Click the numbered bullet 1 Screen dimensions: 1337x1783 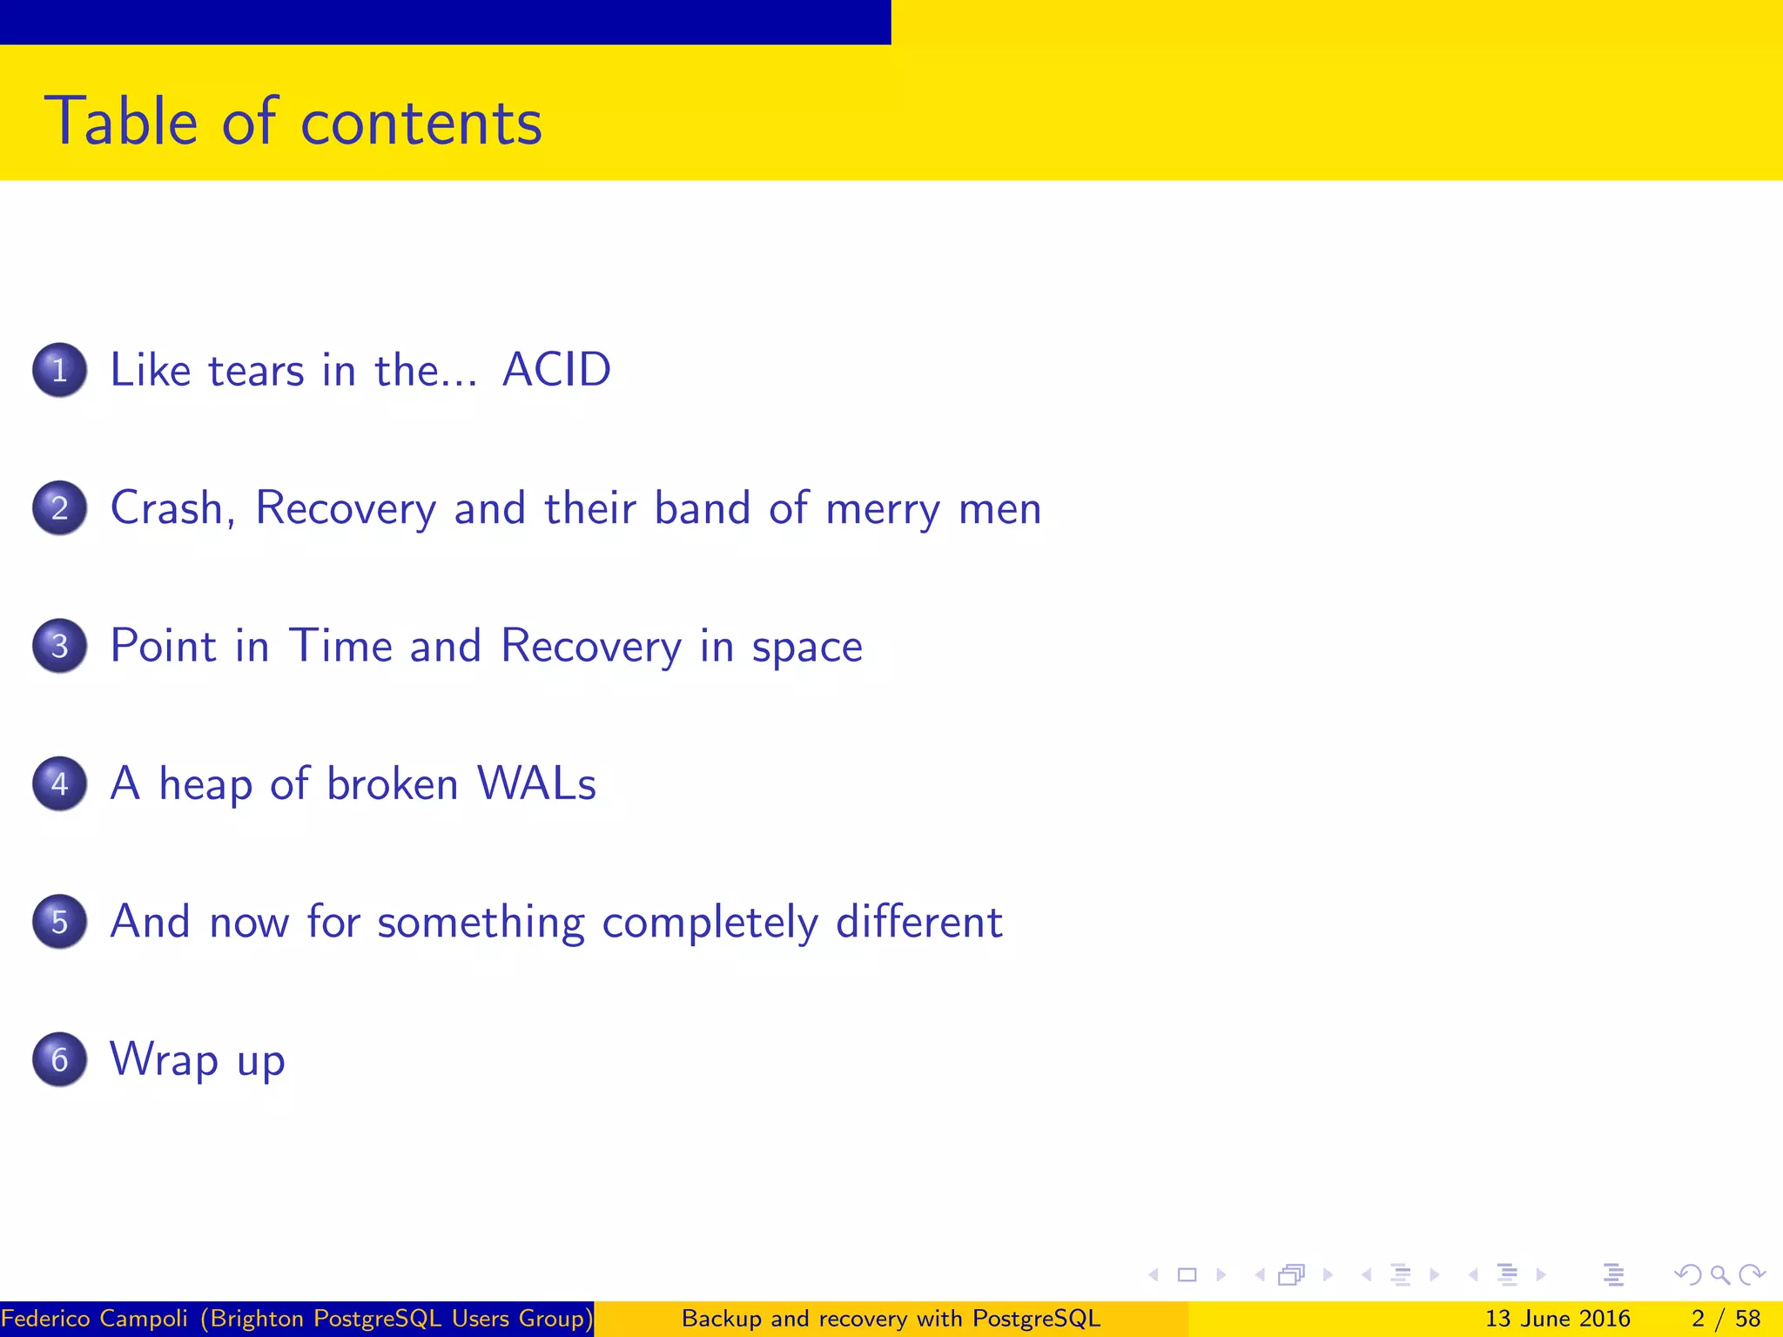click(x=59, y=370)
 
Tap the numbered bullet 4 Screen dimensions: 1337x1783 click(x=59, y=783)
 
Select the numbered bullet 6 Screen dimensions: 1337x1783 click(x=59, y=1059)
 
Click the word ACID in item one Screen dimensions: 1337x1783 click(x=557, y=370)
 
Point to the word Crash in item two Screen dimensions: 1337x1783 click(x=172, y=507)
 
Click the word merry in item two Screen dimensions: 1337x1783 click(x=883, y=509)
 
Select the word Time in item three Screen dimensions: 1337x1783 click(x=340, y=646)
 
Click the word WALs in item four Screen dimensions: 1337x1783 click(x=537, y=783)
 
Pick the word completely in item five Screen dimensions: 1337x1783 click(x=710, y=923)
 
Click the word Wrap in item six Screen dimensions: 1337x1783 click(x=164, y=1060)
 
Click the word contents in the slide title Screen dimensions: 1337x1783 click(x=421, y=122)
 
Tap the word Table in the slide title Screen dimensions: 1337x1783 click(x=122, y=122)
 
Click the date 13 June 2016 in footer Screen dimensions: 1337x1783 click(x=1558, y=1319)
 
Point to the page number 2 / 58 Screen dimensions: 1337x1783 click(x=1726, y=1319)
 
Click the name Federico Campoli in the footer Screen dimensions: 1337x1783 click(x=94, y=1319)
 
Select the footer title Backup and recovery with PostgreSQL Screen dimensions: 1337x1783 click(x=891, y=1319)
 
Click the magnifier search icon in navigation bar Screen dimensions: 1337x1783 click(x=1719, y=1275)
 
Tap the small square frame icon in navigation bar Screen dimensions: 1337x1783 click(x=1187, y=1275)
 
